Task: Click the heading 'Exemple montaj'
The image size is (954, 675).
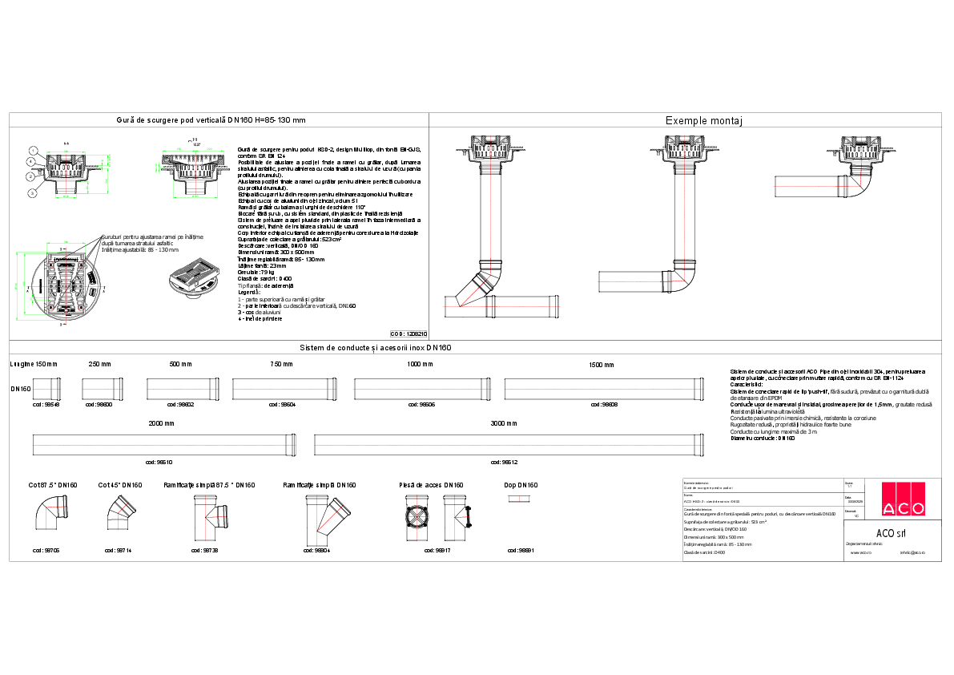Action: pos(706,121)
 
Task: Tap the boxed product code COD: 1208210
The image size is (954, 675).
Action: pos(409,333)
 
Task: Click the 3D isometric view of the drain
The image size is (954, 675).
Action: pos(195,278)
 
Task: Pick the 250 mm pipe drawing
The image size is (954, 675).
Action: pos(100,389)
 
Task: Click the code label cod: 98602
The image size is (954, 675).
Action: pos(181,405)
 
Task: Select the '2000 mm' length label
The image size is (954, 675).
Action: pos(161,422)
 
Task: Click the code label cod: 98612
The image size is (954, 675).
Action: pos(504,463)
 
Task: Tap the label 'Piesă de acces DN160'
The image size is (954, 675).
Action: pos(431,485)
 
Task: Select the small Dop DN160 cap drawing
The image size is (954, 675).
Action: pos(521,499)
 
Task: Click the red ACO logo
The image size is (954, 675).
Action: pos(903,499)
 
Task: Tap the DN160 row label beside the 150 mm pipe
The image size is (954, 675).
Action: pos(21,388)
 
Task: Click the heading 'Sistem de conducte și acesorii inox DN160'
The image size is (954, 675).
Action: pos(376,348)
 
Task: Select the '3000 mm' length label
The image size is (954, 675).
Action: pos(504,422)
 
